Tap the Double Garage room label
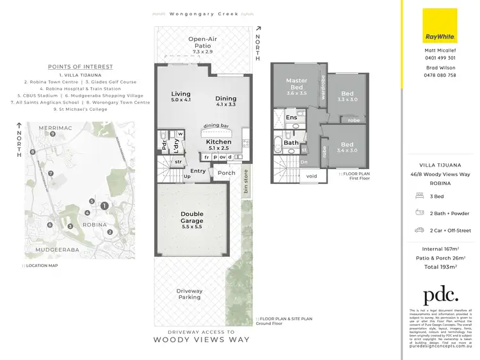click(x=191, y=218)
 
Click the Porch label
click(x=227, y=173)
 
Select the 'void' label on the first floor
click(x=312, y=176)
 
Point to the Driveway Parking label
click(x=189, y=294)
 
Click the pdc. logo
click(x=440, y=295)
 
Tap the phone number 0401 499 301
click(x=440, y=58)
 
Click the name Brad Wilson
click(x=440, y=67)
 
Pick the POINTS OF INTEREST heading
click(x=80, y=67)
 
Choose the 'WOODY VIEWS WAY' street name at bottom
click(x=202, y=340)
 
